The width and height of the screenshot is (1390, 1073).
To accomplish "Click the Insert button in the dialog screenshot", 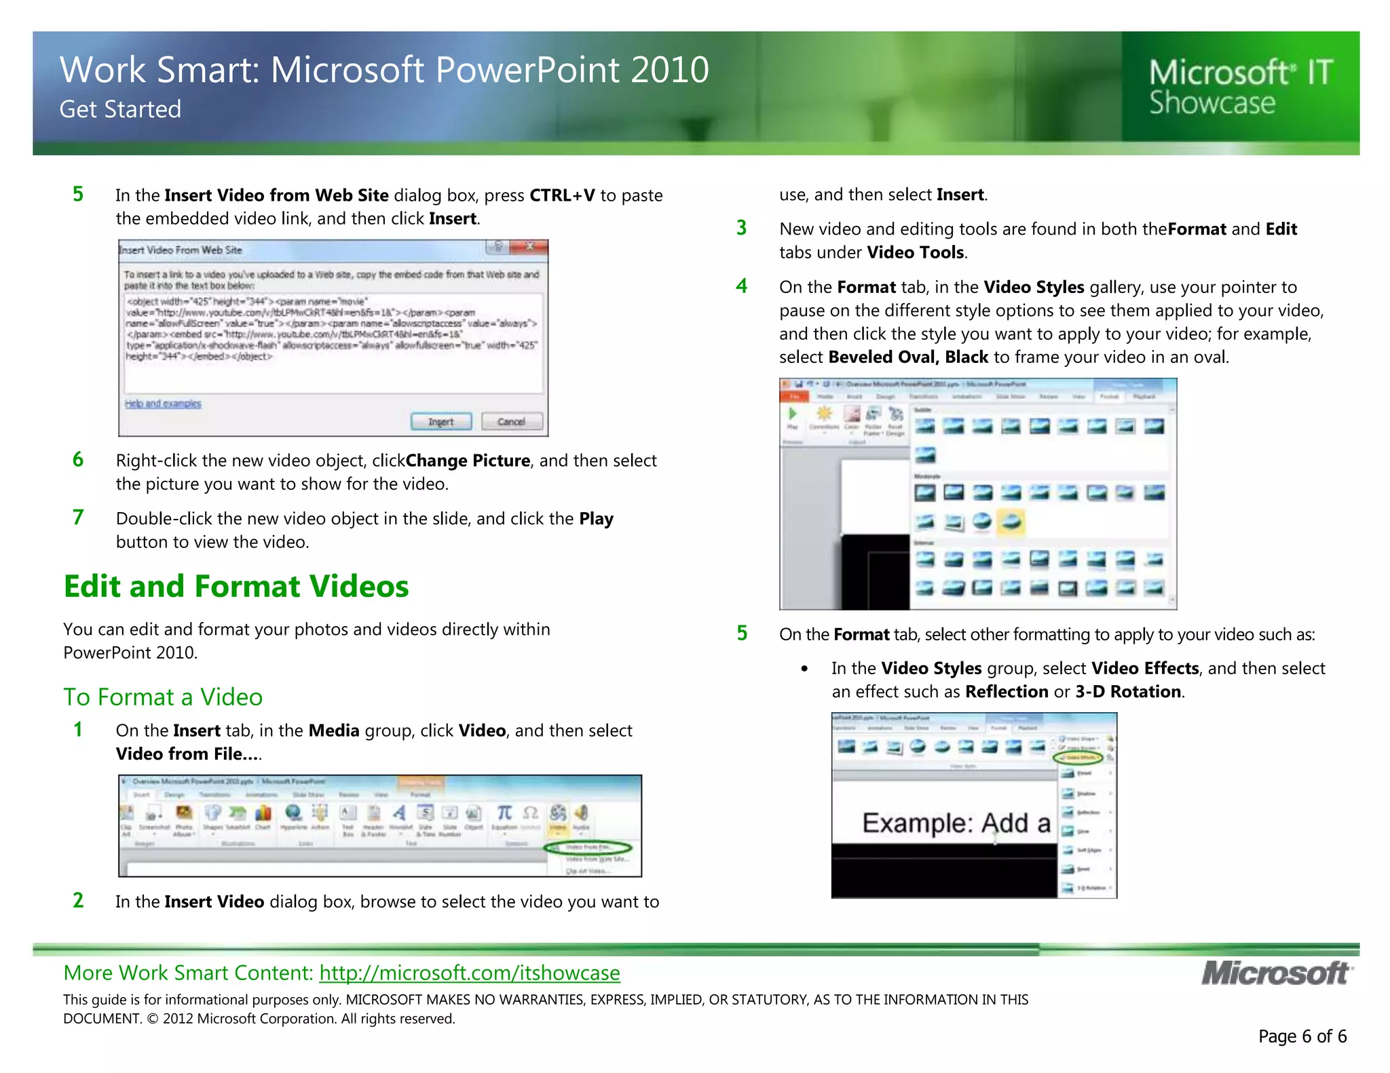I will pos(441,421).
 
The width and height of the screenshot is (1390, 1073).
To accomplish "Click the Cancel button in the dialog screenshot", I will pos(512,421).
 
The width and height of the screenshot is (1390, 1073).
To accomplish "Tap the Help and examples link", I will pos(163,404).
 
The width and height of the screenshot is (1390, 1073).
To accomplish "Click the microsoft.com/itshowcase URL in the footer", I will pos(470,973).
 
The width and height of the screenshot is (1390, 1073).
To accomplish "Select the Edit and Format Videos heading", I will pos(236,587).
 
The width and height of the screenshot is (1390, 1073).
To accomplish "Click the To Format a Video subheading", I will pos(163,697).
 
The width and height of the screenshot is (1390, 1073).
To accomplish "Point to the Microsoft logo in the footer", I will pos(1277,973).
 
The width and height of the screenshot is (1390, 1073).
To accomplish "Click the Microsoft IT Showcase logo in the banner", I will pos(1241,87).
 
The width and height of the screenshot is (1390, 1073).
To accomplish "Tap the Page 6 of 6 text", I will pos(1302,1036).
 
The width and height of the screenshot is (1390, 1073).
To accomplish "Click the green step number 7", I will pos(78,518).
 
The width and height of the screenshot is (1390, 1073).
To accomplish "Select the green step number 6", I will pos(78,460).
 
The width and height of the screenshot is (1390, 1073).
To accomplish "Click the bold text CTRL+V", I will pos(562,195).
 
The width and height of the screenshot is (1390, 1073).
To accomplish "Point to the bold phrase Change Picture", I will pos(468,461).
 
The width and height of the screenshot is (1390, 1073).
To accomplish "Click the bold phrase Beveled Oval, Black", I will pos(908,357).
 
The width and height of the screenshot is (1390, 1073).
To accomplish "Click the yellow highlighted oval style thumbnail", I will pos(1011,521).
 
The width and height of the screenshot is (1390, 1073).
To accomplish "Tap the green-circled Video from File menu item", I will pos(588,848).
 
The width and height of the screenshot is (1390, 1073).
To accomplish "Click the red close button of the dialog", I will pos(529,246).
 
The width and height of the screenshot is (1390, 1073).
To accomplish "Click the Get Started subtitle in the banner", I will pos(120,109).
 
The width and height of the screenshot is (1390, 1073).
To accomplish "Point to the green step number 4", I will pos(742,286).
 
